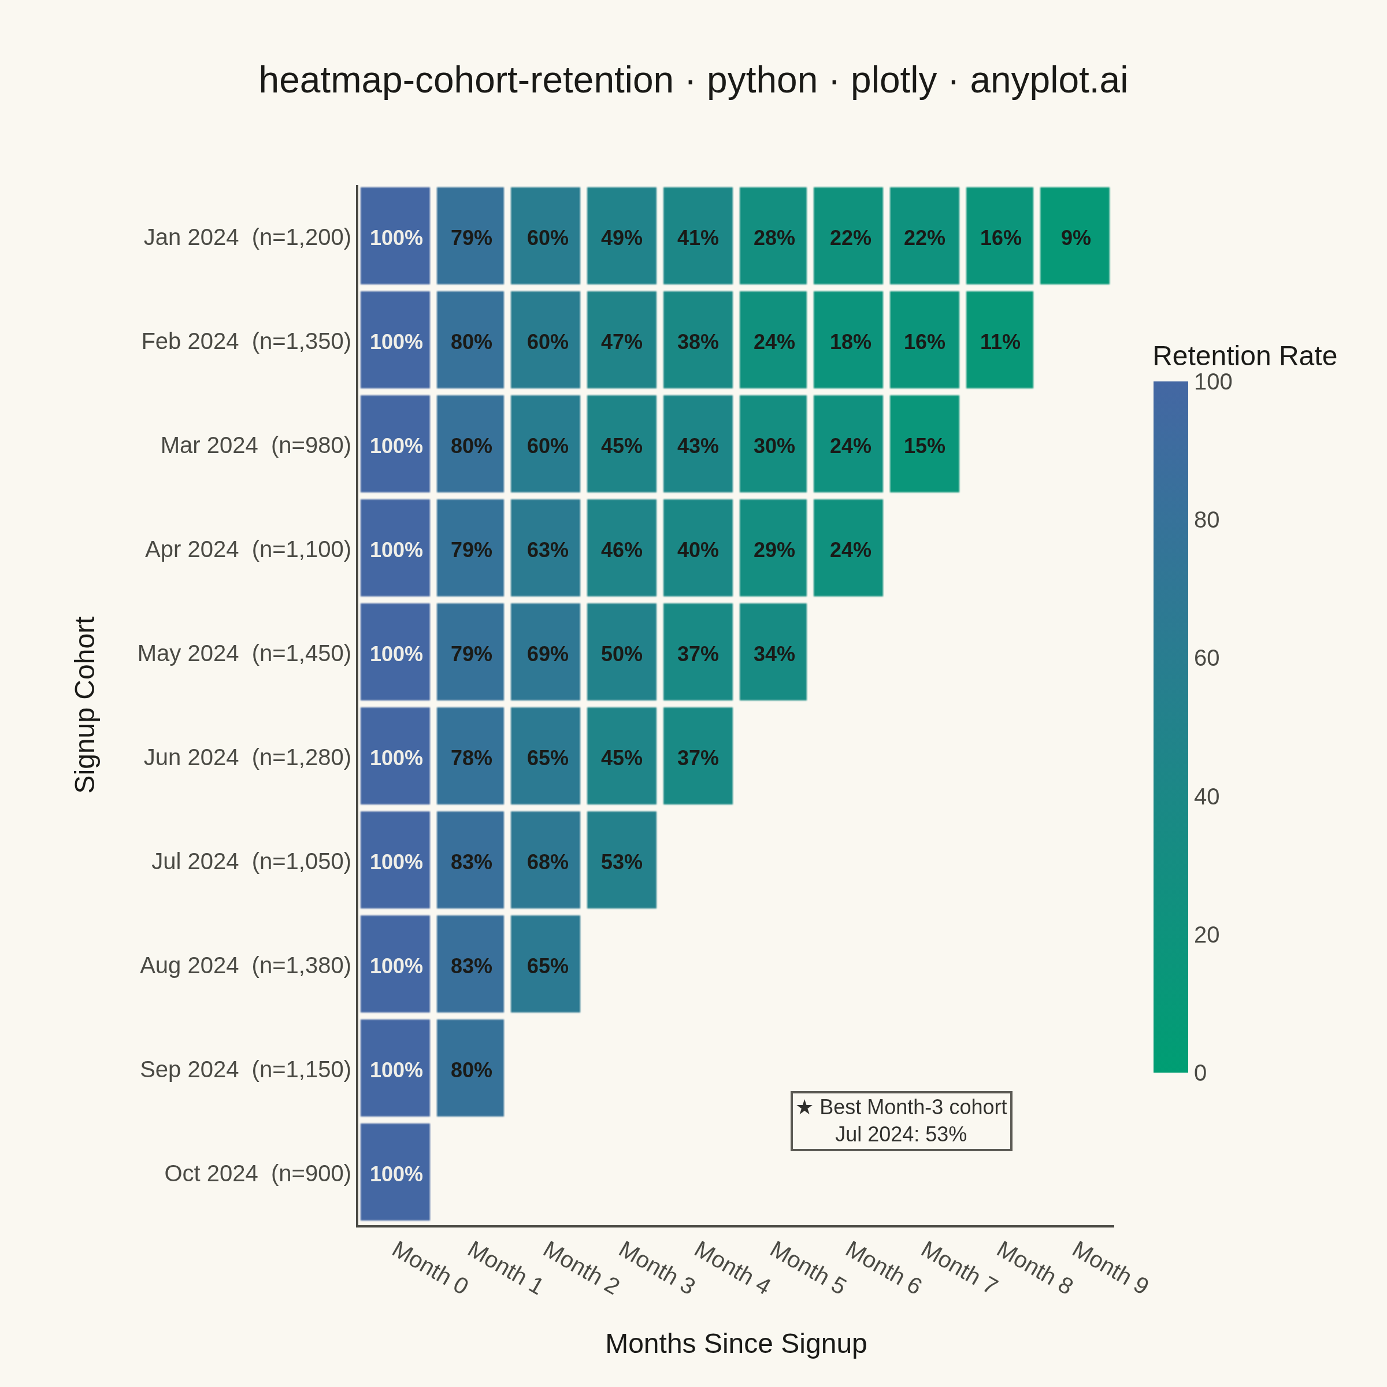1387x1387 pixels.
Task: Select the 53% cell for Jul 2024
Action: (x=622, y=860)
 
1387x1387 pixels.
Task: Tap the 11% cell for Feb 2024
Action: (x=999, y=340)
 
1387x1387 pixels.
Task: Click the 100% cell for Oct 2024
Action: (x=395, y=1173)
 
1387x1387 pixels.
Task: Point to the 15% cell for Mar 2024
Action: (x=925, y=444)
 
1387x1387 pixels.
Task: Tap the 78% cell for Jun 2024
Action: (x=470, y=756)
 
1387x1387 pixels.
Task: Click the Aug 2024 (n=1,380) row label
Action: (x=246, y=966)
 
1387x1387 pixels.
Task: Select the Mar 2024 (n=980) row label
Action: (x=255, y=445)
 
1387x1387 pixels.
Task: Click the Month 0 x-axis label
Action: (x=430, y=1268)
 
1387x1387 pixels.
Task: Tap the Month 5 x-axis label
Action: (x=809, y=1268)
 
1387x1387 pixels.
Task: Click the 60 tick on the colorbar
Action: (x=1207, y=658)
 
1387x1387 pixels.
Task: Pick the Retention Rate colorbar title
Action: (x=1245, y=356)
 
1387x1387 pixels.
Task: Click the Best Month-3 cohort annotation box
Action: (x=901, y=1121)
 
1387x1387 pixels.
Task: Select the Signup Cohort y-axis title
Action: (x=85, y=704)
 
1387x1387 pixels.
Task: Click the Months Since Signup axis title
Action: (x=736, y=1344)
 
